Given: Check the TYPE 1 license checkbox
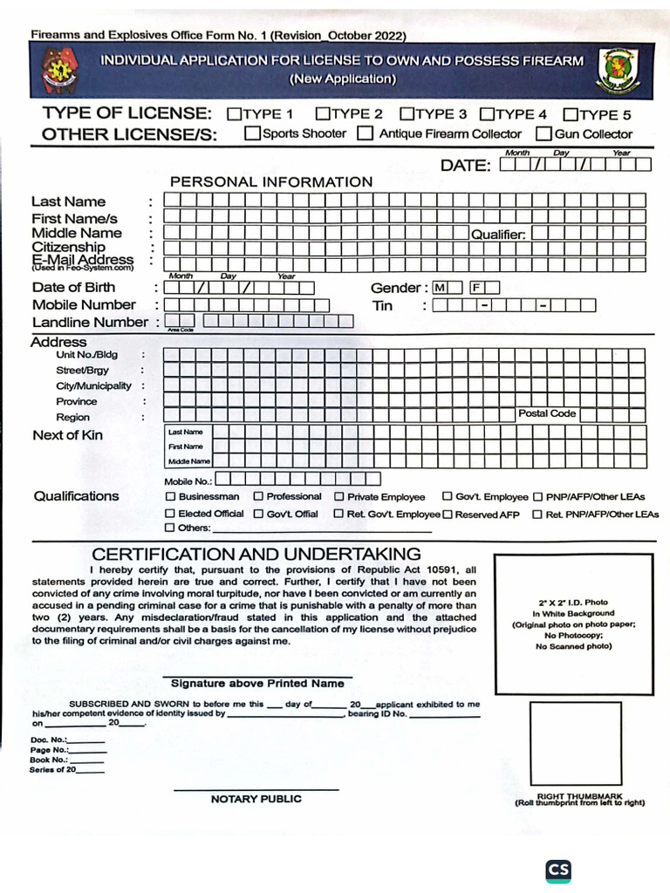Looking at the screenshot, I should (x=234, y=113).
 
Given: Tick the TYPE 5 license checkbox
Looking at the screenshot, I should (x=571, y=114).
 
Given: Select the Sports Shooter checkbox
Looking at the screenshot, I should (x=252, y=133).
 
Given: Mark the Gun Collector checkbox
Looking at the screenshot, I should (x=544, y=133).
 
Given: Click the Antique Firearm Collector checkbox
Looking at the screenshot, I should (x=366, y=133).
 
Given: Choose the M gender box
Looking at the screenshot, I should (x=439, y=287).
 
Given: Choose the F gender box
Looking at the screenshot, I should (x=477, y=287).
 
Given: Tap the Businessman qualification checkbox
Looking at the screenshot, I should (x=170, y=496).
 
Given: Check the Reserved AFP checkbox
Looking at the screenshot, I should (x=448, y=515).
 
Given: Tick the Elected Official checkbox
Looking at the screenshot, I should (x=170, y=514).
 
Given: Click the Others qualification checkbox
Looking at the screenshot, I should (x=170, y=528).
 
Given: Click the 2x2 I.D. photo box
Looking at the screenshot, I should (x=573, y=624).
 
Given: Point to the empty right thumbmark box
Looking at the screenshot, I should (x=576, y=744).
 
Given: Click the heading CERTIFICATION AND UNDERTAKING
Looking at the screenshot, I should (x=256, y=555).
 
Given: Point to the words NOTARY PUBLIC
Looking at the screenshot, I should (x=256, y=799).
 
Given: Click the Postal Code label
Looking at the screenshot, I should (x=547, y=413).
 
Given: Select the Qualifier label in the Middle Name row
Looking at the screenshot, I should (x=498, y=234).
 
